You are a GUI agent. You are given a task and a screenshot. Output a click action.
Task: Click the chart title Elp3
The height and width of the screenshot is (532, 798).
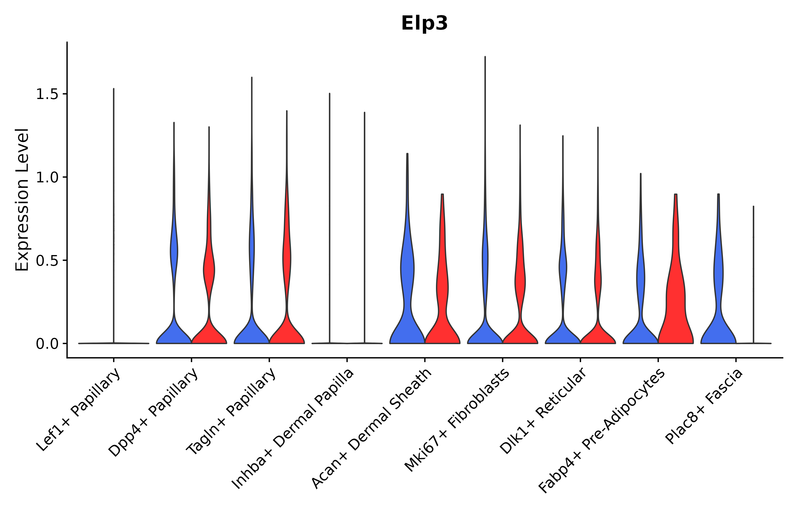click(x=424, y=23)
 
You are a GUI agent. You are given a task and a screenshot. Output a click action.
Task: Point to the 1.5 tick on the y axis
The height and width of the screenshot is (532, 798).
click(x=47, y=94)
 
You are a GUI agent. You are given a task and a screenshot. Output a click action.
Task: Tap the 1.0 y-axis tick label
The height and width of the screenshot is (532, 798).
click(x=47, y=177)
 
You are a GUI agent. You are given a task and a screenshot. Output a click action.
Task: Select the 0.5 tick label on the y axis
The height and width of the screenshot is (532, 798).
click(x=47, y=261)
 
